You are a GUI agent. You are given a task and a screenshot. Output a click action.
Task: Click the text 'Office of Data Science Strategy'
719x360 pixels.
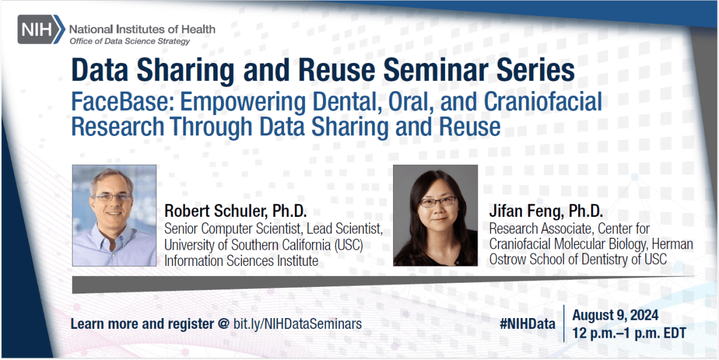point(130,41)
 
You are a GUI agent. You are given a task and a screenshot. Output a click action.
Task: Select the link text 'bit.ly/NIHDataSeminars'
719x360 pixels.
point(297,324)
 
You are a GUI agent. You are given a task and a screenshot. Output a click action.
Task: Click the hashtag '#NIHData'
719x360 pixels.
point(527,324)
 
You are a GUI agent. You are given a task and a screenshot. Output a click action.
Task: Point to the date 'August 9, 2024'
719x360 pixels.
point(615,315)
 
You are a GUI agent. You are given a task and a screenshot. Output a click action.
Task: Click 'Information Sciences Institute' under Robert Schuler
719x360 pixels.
point(241,261)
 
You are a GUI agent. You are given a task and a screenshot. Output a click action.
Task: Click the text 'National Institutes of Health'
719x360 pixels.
point(142,29)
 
